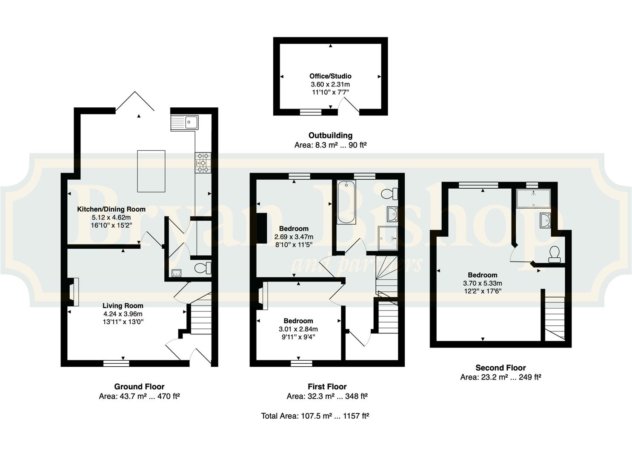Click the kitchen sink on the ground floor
click(x=184, y=123)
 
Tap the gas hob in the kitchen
click(x=203, y=163)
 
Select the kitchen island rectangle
click(x=151, y=171)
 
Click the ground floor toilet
click(x=203, y=268)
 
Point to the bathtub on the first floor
click(x=346, y=202)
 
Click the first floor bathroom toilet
click(x=389, y=194)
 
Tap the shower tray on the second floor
click(x=533, y=198)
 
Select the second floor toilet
click(x=555, y=254)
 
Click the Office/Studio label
click(x=330, y=76)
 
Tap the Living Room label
click(x=123, y=305)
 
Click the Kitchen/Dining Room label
click(x=112, y=209)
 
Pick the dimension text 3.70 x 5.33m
click(x=483, y=283)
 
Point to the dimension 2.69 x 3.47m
click(x=294, y=237)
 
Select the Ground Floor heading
click(x=139, y=387)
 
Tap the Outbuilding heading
click(x=330, y=135)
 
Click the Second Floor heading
click(x=501, y=368)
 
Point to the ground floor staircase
click(x=201, y=316)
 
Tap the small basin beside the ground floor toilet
click(x=177, y=273)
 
